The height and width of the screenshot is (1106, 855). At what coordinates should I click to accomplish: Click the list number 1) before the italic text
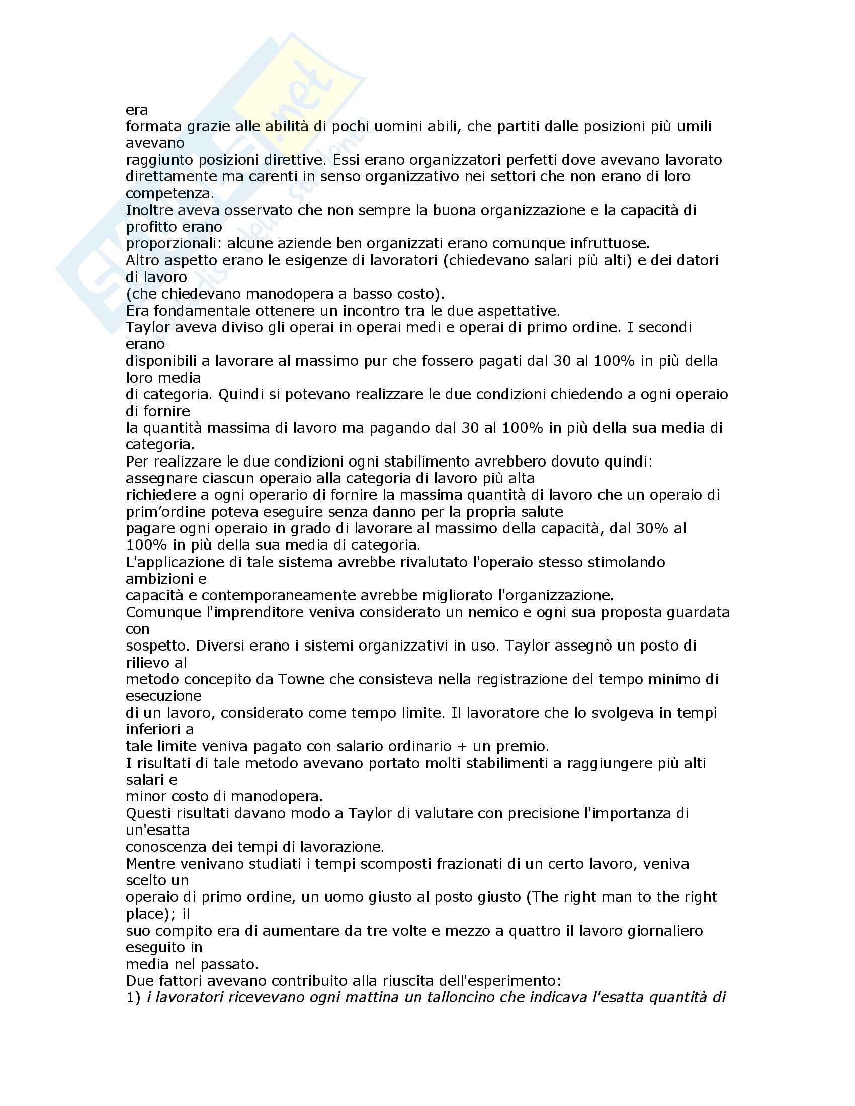[133, 997]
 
